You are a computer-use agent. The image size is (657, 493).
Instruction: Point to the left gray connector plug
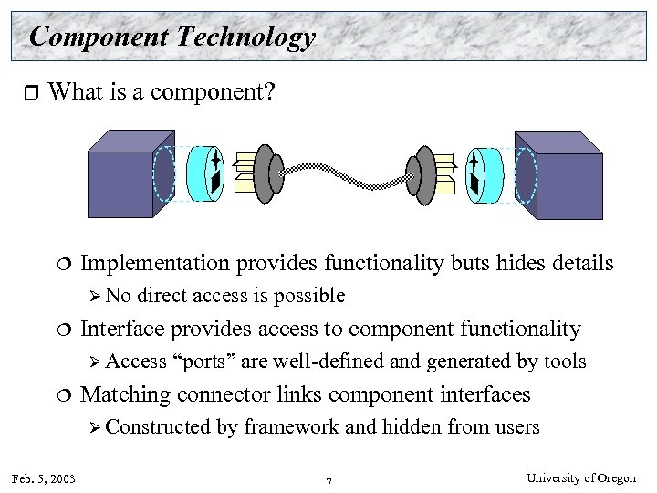[265, 173]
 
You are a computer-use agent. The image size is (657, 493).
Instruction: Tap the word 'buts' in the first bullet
[472, 264]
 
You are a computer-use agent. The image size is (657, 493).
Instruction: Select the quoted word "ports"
[204, 362]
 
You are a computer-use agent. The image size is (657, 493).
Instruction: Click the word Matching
[127, 394]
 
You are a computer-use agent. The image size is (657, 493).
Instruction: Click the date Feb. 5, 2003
[45, 478]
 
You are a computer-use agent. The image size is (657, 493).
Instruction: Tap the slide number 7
[328, 481]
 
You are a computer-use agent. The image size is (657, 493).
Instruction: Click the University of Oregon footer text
[582, 478]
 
